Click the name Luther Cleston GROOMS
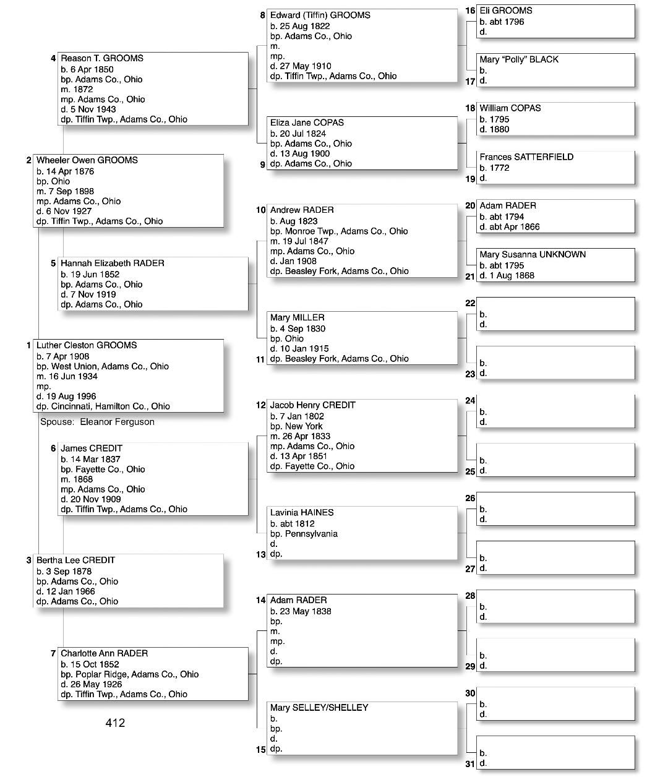[86, 345]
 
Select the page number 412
[115, 723]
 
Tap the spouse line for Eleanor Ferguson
[97, 422]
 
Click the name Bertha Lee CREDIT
[75, 560]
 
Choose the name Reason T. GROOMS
[101, 58]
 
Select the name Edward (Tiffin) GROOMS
[320, 15]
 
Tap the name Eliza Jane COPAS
[307, 122]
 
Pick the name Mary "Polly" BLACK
[518, 59]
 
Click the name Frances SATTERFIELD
[526, 157]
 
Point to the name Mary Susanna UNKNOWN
[532, 254]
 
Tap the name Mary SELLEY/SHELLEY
[319, 707]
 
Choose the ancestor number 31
[470, 764]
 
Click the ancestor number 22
[470, 303]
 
